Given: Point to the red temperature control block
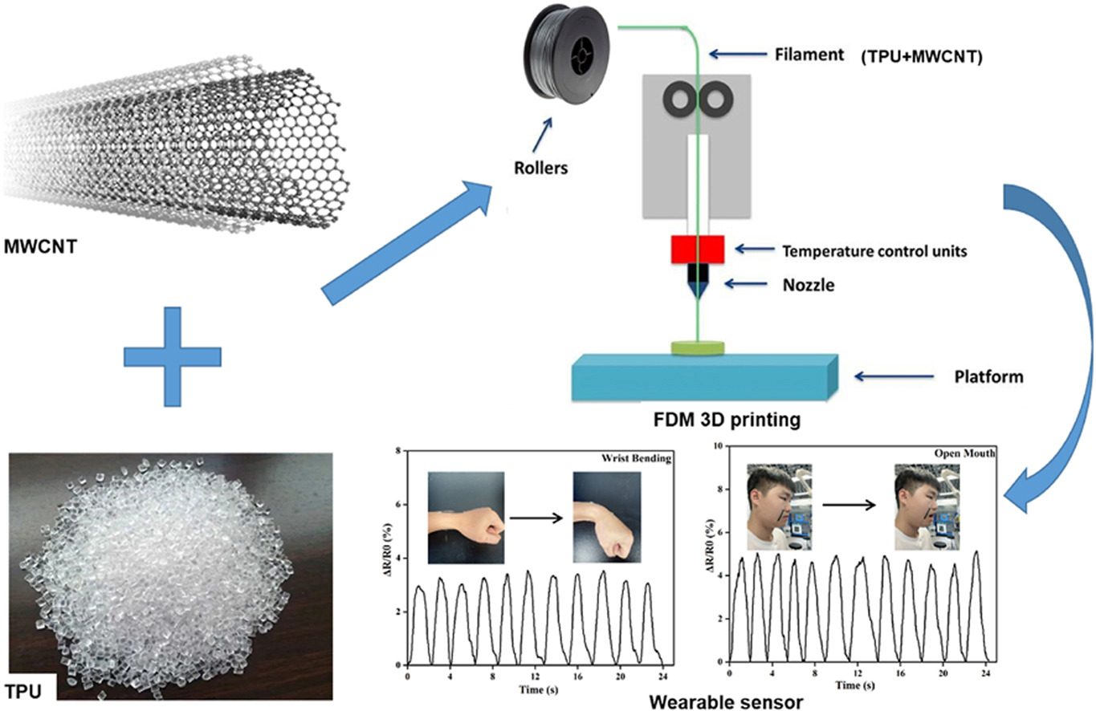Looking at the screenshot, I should tap(699, 250).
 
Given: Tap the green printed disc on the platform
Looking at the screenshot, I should tap(698, 347).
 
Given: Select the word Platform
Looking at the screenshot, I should tap(988, 376).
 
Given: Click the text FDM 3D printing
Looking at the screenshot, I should tap(727, 419).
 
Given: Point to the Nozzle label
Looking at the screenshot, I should tap(809, 283).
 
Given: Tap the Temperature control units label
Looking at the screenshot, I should tap(874, 251).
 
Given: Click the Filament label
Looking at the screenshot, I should tap(809, 56).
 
